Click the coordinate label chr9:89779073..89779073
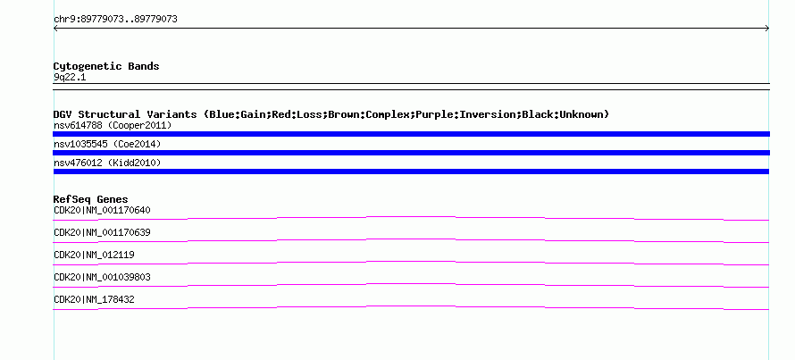(115, 20)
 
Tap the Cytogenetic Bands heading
(106, 66)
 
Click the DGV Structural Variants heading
(331, 114)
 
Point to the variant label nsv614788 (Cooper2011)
(113, 125)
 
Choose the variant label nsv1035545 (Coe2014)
(107, 144)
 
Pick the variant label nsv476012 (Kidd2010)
(107, 163)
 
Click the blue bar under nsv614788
(411, 134)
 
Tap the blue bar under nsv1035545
(411, 153)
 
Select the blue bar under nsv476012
(411, 172)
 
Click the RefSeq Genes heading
(91, 199)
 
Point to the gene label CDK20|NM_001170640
(102, 211)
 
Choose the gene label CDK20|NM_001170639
(102, 233)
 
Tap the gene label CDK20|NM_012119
(94, 255)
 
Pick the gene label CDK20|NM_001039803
(102, 277)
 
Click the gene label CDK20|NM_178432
(94, 299)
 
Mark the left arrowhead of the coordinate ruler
(54, 29)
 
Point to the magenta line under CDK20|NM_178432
(411, 306)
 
